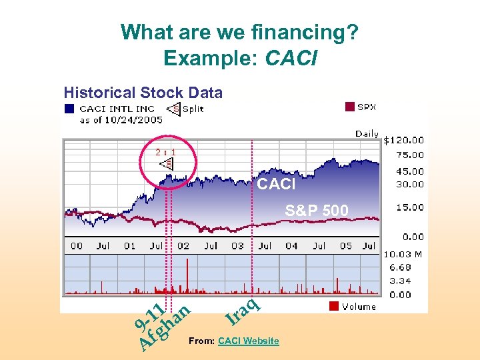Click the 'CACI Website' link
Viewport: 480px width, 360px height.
[248, 341]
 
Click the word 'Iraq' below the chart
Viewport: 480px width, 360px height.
[241, 311]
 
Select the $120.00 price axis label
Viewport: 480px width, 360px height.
[403, 140]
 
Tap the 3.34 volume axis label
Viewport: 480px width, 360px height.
[400, 281]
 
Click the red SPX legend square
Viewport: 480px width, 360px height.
[349, 107]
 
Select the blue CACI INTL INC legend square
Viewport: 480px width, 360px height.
[69, 108]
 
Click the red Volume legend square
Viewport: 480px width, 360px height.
[334, 307]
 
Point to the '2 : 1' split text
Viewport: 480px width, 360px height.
[165, 152]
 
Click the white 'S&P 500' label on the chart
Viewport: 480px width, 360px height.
[316, 211]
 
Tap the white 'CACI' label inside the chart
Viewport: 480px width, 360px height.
[276, 185]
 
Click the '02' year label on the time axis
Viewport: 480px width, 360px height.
[183, 246]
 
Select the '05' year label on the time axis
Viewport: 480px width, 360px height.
[346, 246]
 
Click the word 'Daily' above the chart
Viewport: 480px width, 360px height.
[367, 134]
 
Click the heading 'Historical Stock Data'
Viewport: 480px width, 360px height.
[143, 93]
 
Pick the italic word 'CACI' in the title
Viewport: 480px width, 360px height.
[291, 59]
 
